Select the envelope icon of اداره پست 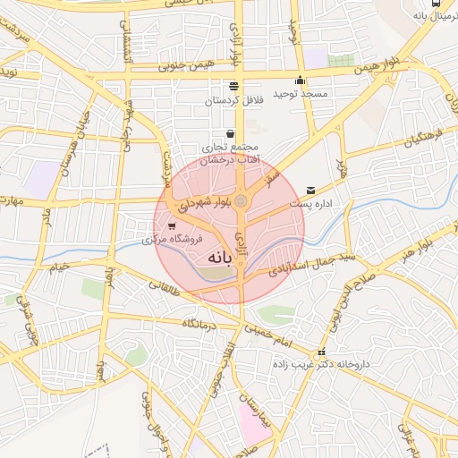(310, 190)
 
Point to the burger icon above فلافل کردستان (234, 86)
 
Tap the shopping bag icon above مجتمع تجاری (230, 133)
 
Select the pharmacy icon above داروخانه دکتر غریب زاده (321, 352)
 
